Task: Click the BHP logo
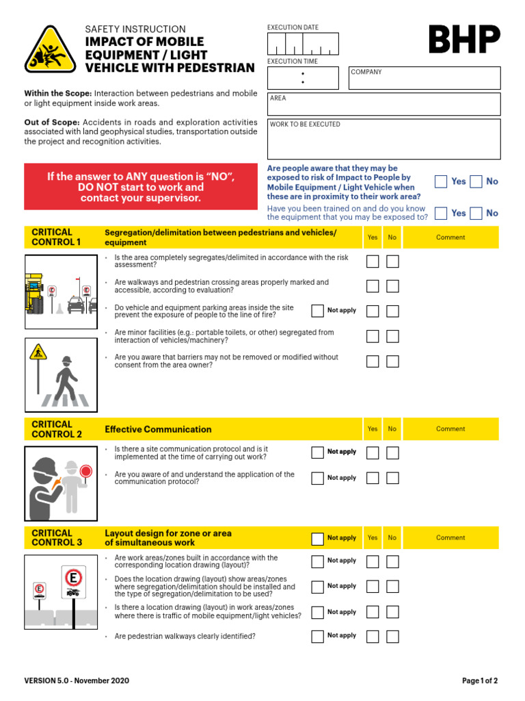click(464, 40)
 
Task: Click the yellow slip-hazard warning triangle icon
click(51, 49)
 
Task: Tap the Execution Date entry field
click(303, 44)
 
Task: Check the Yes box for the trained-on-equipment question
click(441, 213)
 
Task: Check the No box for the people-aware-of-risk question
click(476, 181)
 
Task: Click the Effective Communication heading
click(158, 429)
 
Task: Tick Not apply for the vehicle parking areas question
click(317, 311)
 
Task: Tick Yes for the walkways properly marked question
click(373, 286)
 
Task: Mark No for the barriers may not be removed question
click(392, 361)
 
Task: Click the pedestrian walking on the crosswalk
click(66, 379)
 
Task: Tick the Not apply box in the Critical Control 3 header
click(317, 538)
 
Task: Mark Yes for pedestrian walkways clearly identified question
click(373, 637)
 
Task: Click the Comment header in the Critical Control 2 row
click(450, 429)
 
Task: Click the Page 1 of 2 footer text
click(480, 681)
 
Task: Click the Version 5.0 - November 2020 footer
click(77, 681)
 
